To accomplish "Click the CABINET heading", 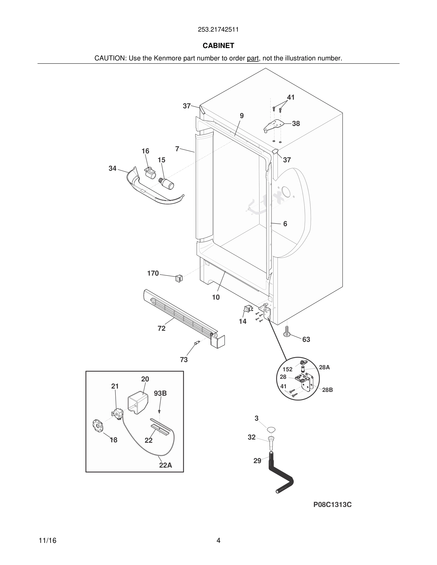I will [x=218, y=45].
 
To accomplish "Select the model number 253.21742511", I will [x=218, y=29].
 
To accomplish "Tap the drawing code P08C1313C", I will [x=333, y=504].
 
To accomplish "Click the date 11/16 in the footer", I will [x=47, y=541].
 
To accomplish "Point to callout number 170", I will [x=153, y=273].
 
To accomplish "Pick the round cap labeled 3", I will [x=271, y=430].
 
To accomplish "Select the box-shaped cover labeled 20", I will [x=138, y=402].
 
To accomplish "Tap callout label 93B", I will [x=160, y=393].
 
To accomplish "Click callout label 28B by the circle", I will [x=327, y=390].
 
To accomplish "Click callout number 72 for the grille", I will [x=161, y=328].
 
